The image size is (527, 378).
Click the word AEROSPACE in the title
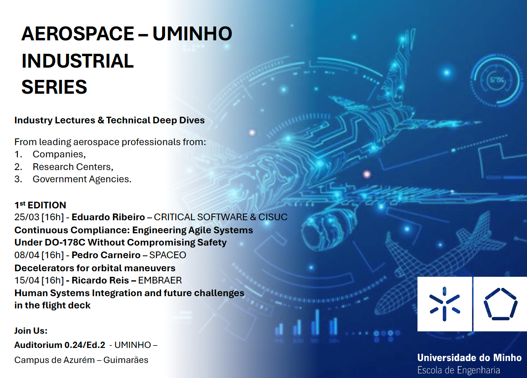77,34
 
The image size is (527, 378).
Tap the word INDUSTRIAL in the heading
77,61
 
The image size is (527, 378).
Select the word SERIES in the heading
54,87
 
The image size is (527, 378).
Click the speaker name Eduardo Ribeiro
108,217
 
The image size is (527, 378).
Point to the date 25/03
27,217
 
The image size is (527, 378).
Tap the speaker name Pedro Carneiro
106,255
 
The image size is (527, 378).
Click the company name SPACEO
168,255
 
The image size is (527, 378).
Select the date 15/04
27,280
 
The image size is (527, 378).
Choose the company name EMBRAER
160,280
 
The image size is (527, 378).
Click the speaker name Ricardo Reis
100,280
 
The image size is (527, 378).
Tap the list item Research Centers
73,167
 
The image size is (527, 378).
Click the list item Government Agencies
82,180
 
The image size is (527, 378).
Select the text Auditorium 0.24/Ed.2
60,345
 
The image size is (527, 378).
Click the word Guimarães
126,360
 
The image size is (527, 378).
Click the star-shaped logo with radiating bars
444,304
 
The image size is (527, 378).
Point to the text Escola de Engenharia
459,370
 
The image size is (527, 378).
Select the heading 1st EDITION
40,205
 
